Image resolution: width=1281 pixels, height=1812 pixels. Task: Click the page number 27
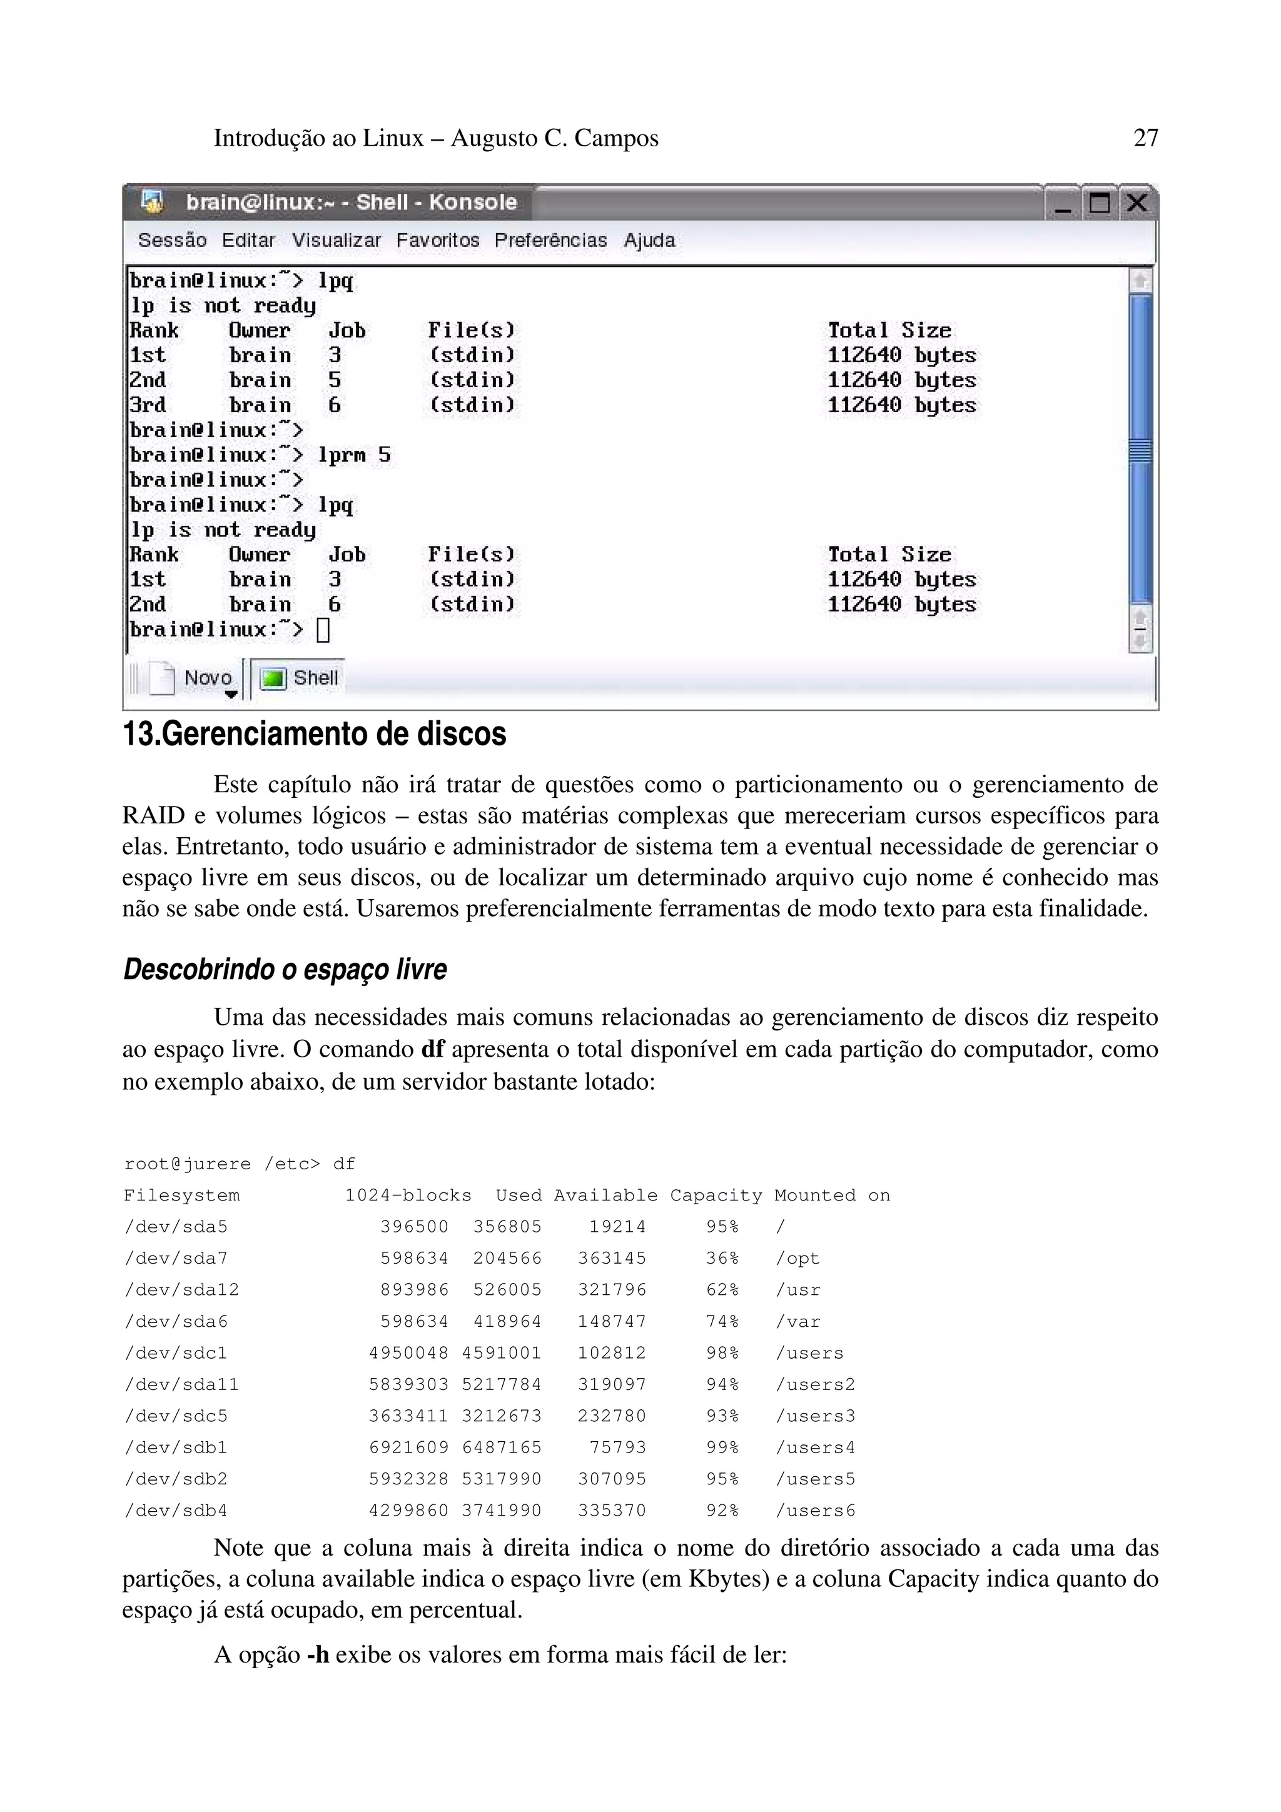point(1145,138)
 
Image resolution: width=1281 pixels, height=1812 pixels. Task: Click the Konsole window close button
point(1137,204)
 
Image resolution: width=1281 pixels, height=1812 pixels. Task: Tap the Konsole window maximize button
point(1100,204)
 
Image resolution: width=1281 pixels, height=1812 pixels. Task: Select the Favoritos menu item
point(437,241)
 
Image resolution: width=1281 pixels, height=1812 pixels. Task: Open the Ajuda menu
point(649,241)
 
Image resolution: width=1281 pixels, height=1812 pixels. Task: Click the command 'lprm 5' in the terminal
point(355,455)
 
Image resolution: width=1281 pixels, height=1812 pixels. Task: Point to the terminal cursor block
point(323,630)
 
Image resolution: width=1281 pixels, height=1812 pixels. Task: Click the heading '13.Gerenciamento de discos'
point(314,734)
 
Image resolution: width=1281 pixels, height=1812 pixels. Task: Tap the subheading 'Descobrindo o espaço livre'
point(285,969)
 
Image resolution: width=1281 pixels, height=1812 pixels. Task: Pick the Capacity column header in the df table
point(716,1195)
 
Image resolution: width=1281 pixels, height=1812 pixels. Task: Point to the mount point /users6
point(816,1511)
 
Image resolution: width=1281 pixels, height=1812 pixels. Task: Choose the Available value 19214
point(617,1227)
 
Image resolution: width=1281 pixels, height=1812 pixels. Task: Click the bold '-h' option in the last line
point(318,1654)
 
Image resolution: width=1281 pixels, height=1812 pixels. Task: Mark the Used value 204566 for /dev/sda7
point(507,1259)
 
